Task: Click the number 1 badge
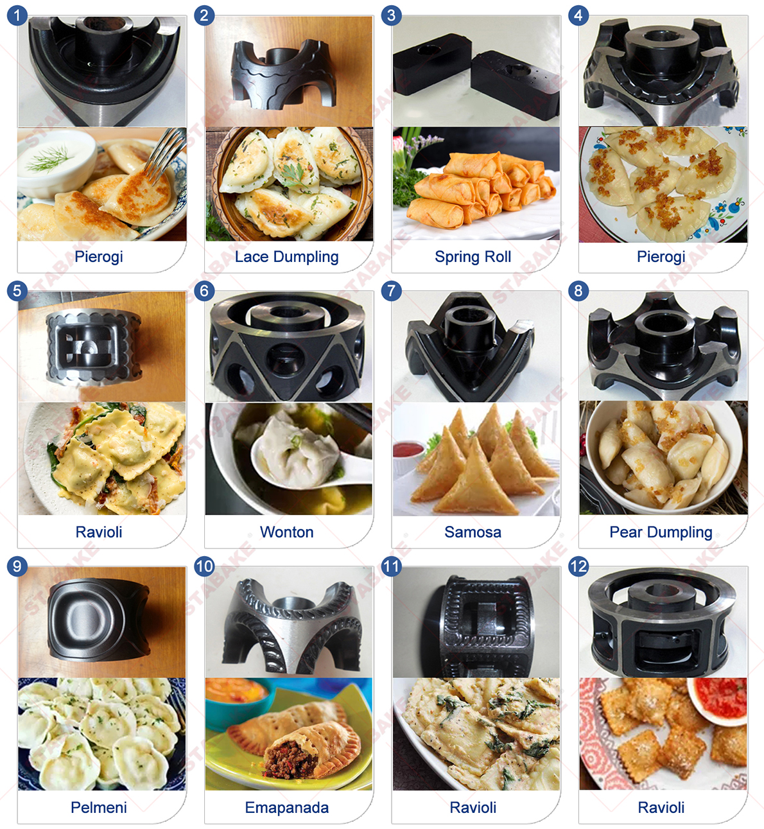tap(17, 15)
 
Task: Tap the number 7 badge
tap(391, 291)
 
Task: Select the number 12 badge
tap(578, 566)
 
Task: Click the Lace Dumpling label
tap(286, 257)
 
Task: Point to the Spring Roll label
tap(473, 257)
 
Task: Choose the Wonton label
tap(286, 532)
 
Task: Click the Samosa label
tap(473, 532)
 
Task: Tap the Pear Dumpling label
tap(661, 532)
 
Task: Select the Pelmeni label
tap(98, 808)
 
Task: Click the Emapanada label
tap(286, 808)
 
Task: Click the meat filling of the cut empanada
tap(292, 758)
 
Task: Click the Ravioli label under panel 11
tap(473, 808)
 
